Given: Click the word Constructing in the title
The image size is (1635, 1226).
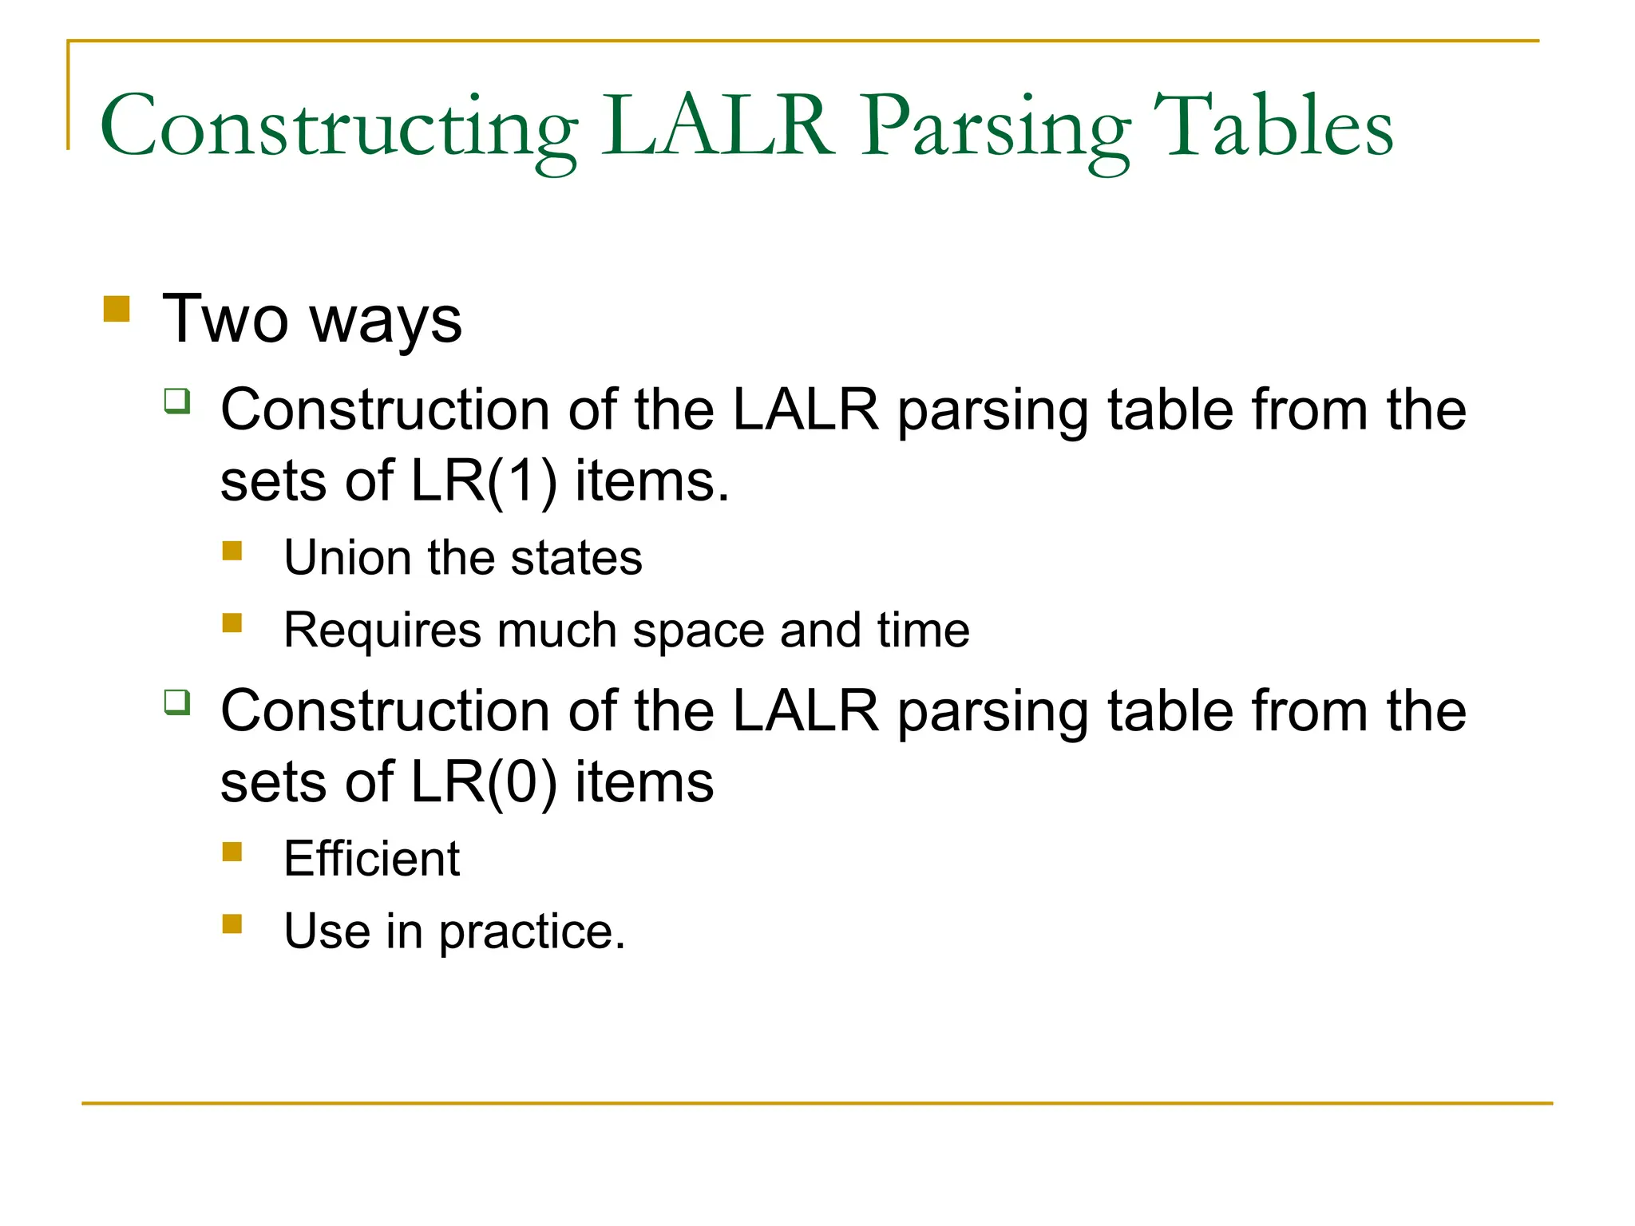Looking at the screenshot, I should [338, 128].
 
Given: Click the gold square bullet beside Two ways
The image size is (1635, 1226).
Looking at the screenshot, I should [117, 309].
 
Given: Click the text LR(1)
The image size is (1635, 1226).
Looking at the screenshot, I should [483, 481].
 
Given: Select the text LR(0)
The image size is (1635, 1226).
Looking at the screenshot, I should [483, 781].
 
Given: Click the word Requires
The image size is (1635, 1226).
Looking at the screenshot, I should [382, 631].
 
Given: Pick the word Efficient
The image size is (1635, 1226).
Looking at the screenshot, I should [372, 859].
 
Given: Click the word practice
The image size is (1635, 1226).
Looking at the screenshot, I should [532, 931].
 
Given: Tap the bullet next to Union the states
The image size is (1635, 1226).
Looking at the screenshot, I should [232, 551].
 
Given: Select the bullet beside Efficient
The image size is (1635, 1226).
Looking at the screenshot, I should [232, 852].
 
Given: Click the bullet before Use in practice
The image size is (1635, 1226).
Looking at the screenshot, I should [232, 924].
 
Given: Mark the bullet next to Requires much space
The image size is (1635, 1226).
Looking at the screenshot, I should [232, 623].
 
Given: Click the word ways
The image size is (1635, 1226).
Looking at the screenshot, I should [386, 320].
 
